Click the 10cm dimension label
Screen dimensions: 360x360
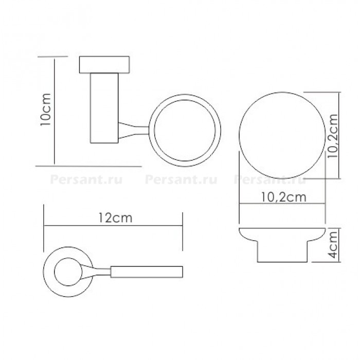coord(45,109)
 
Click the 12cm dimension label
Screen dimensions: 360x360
coord(116,218)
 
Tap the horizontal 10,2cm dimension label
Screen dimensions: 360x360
coord(284,197)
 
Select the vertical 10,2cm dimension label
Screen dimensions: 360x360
coord(333,136)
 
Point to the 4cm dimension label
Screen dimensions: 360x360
coord(333,244)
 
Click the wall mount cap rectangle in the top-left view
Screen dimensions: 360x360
coord(104,65)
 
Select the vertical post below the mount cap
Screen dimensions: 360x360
coord(104,108)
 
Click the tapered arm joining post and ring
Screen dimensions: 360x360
coord(134,130)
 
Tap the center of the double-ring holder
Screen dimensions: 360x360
coord(185,130)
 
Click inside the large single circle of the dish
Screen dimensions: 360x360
coord(282,135)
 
